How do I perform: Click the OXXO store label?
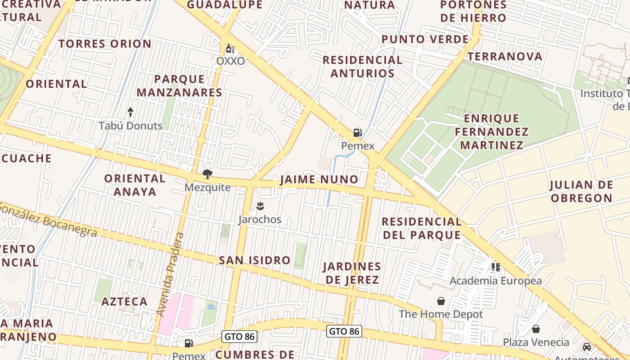tap(230, 61)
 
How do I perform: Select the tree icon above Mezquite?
tap(207, 174)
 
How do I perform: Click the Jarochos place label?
tap(260, 220)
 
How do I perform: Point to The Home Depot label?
tap(441, 314)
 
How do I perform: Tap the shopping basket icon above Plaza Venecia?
tap(535, 329)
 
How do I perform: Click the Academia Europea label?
tap(495, 281)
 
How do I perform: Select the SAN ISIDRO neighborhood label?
tap(255, 260)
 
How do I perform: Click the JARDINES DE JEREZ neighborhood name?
tap(352, 273)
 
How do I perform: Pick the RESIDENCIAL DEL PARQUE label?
tap(422, 228)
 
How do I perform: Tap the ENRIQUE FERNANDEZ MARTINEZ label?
tap(491, 131)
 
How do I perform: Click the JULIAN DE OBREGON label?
tap(581, 191)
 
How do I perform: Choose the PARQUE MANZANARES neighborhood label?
tap(179, 85)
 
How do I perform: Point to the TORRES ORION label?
tap(105, 44)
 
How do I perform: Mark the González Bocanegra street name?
tap(49, 220)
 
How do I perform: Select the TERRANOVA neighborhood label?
tap(505, 56)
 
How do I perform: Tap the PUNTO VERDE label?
tap(425, 39)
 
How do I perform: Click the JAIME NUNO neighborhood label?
tap(319, 180)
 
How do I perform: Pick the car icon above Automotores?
tap(587, 347)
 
